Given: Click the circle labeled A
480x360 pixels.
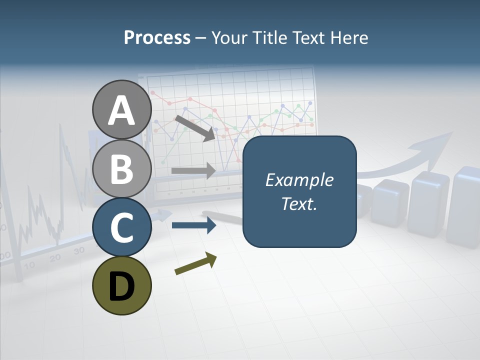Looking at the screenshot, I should (x=121, y=110).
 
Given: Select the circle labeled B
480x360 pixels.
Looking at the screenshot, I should (x=121, y=169).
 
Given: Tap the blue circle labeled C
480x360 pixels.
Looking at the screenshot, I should (x=121, y=227).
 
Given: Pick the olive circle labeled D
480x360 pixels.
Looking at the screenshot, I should (x=121, y=285).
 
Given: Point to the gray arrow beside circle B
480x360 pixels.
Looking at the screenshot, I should (x=193, y=170).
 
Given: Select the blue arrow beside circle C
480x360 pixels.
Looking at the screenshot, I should (x=193, y=225).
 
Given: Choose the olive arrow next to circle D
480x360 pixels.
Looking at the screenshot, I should (x=195, y=264).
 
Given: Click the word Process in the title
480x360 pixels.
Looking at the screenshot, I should (x=157, y=38).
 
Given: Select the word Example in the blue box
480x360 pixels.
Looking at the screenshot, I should (x=299, y=180).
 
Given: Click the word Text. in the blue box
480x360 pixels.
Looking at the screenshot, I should (x=299, y=204).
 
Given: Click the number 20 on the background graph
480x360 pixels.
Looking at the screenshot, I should (x=55, y=258).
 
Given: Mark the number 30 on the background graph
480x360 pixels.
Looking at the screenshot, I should (x=79, y=251).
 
